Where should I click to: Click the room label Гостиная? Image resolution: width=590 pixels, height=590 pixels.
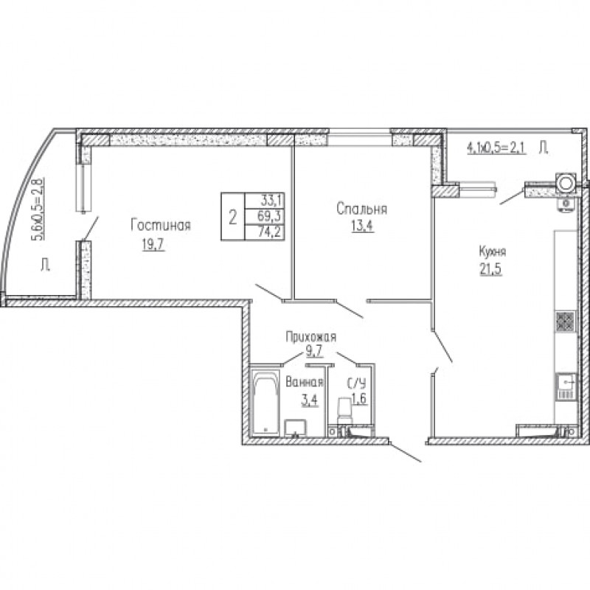(x=161, y=225)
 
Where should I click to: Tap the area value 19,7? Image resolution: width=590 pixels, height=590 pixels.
(x=153, y=245)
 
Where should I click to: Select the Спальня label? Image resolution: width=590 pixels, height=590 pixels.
(x=361, y=209)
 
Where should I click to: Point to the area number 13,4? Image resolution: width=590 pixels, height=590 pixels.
(x=363, y=226)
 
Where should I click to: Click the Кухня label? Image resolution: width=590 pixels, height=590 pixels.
(x=492, y=251)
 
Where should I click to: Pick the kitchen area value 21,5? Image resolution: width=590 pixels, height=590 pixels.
(x=491, y=269)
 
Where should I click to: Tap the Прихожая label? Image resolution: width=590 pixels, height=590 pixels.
(x=310, y=337)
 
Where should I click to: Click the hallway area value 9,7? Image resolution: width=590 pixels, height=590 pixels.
(x=315, y=352)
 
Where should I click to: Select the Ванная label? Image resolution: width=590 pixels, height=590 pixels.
(x=305, y=382)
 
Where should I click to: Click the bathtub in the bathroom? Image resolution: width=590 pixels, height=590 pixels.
(x=265, y=403)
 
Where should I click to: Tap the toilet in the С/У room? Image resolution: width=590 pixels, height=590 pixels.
(x=344, y=411)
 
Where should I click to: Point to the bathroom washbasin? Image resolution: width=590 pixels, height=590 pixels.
(x=296, y=428)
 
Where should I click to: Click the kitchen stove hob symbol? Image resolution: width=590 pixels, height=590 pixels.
(x=566, y=322)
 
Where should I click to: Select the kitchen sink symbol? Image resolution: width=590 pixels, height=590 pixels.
(x=566, y=386)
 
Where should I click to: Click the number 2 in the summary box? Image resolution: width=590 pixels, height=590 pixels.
(x=233, y=217)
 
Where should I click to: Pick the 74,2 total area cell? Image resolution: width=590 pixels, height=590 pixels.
(x=269, y=232)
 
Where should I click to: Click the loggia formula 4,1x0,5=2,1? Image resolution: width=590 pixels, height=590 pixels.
(x=496, y=147)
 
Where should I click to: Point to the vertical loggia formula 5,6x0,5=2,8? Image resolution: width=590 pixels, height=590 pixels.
(x=38, y=209)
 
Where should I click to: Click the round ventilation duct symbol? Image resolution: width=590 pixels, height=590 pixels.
(x=564, y=183)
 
